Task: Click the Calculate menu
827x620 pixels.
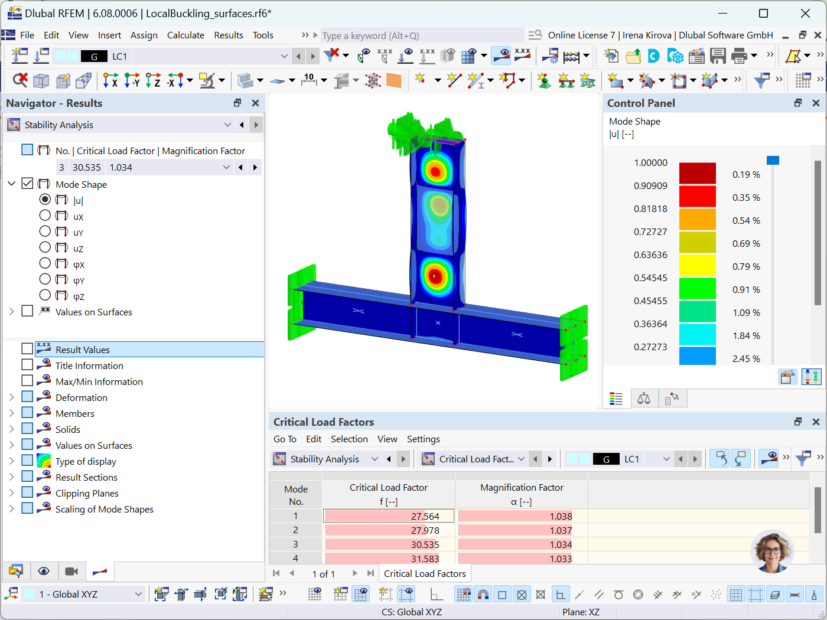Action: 185,35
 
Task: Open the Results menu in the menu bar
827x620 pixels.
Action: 229,35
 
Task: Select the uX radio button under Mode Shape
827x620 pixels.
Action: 45,216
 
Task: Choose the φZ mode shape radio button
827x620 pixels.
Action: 45,295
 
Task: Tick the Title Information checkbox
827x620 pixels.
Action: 27,365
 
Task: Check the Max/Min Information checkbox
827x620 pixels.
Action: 27,381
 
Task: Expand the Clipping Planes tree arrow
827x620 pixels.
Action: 12,492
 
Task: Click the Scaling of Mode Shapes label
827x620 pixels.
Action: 104,509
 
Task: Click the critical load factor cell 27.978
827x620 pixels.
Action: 388,530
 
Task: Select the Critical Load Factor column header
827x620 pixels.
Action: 388,494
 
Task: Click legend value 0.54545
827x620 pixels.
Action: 650,278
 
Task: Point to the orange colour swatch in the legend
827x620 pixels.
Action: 697,220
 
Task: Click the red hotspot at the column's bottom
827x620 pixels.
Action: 435,276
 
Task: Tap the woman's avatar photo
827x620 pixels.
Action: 771,552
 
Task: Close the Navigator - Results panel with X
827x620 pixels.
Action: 255,103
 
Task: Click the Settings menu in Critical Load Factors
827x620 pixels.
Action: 423,439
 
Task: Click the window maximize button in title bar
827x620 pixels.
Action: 763,13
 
